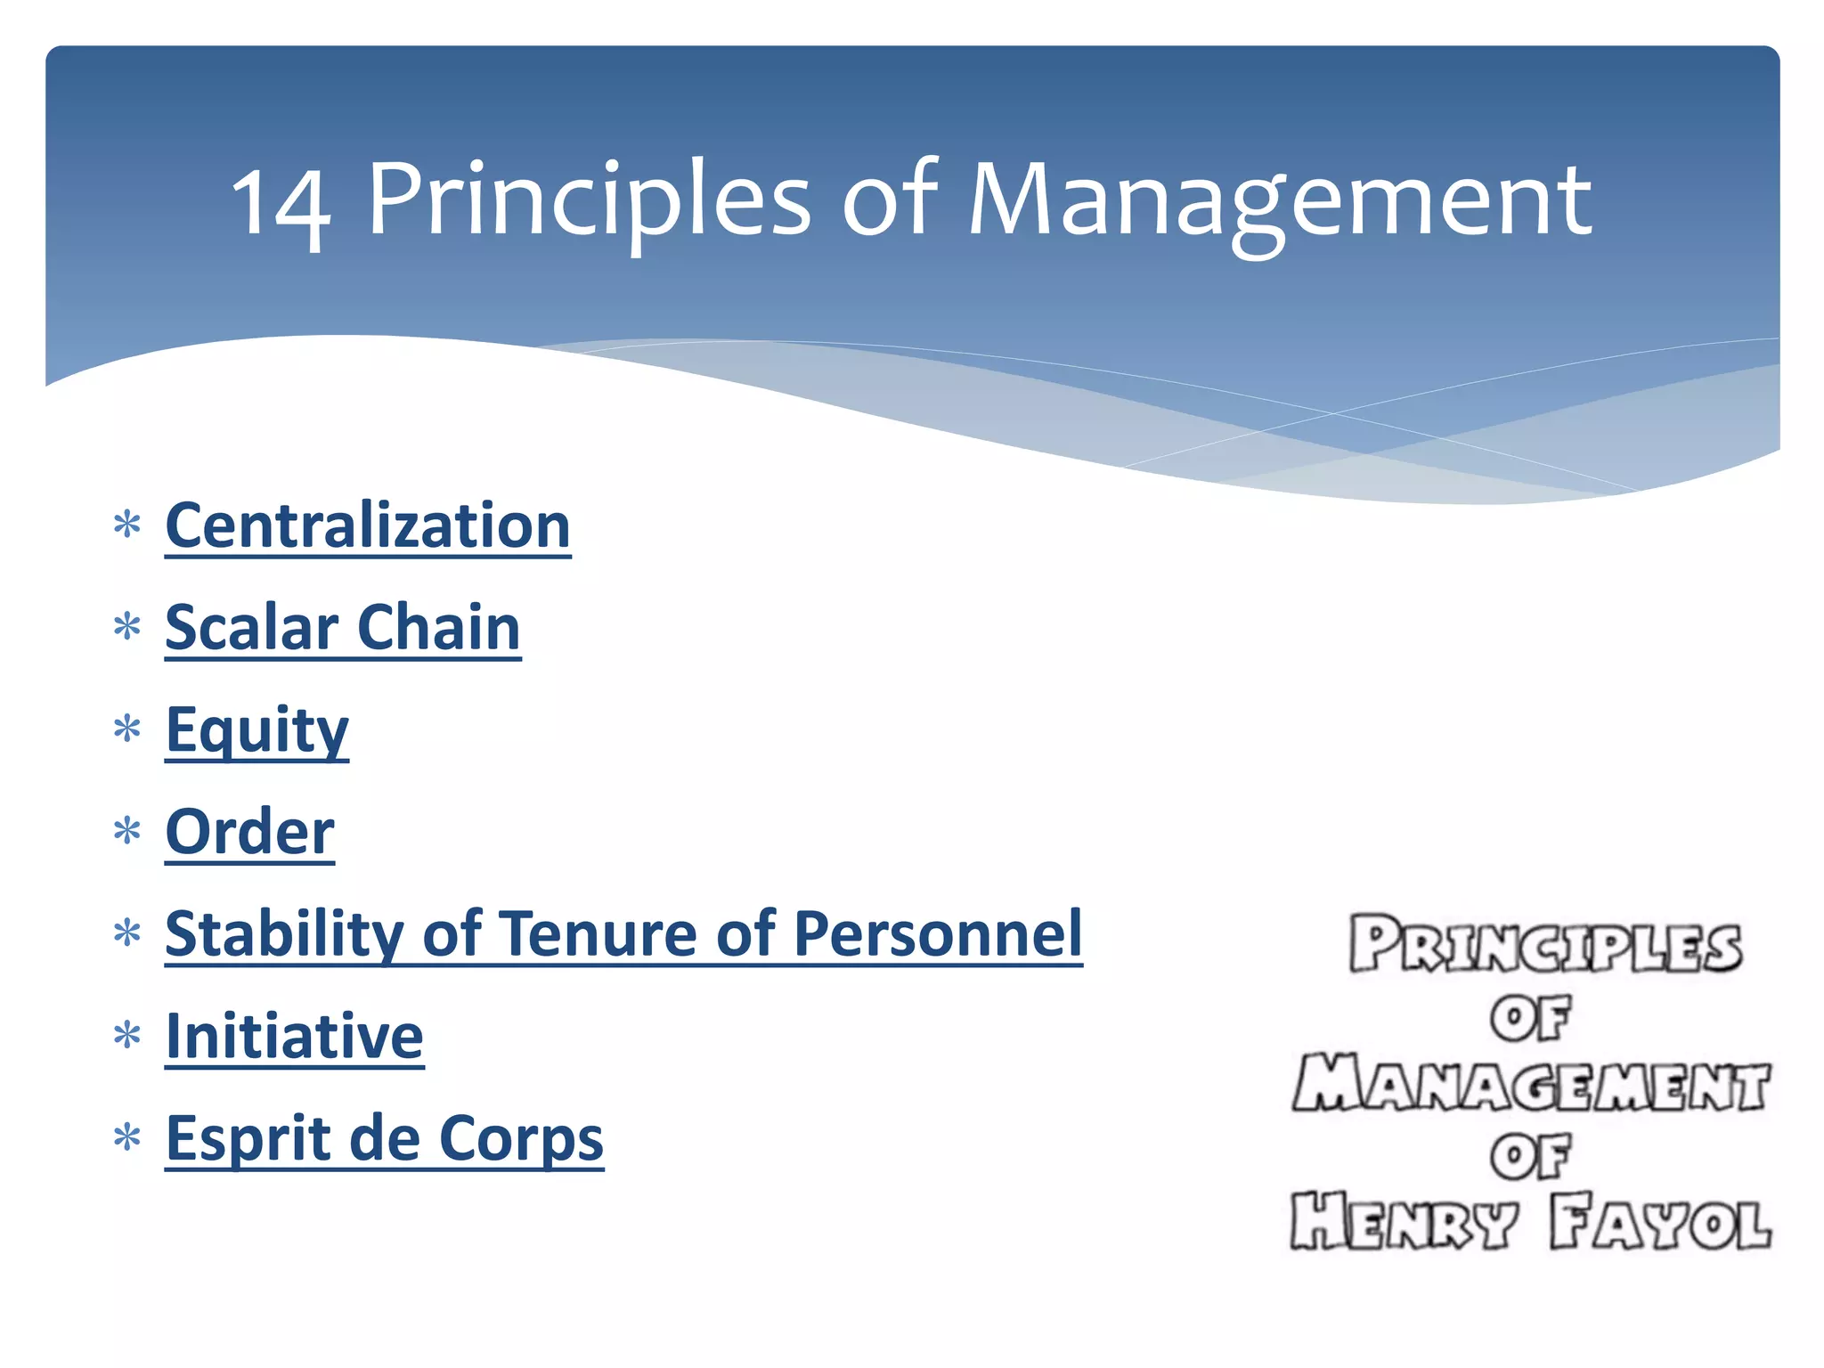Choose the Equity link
(x=256, y=730)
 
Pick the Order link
(x=249, y=832)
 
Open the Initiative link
(x=294, y=1037)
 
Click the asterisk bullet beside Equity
(x=127, y=729)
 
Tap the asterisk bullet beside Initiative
(x=127, y=1035)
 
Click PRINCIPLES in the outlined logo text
(x=1544, y=945)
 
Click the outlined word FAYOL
(x=1659, y=1222)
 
